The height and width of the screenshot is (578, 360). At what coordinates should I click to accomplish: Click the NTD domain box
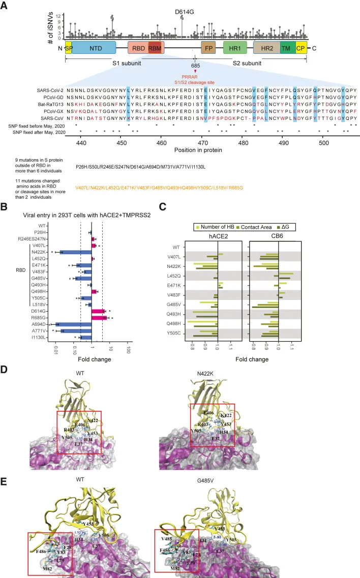(x=94, y=48)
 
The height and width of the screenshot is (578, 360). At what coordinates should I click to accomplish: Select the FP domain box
(x=208, y=48)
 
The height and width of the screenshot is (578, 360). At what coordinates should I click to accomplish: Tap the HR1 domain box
(x=235, y=48)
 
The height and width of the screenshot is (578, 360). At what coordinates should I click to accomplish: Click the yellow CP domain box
(x=301, y=48)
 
